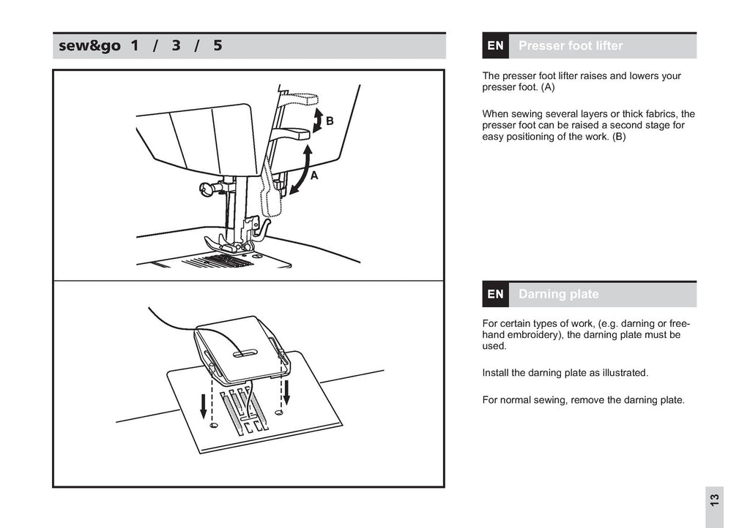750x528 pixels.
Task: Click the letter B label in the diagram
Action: pos(330,121)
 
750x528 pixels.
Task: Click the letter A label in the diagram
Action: pos(313,176)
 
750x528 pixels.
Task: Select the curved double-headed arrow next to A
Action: pos(302,170)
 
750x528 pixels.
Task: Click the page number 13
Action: pos(714,501)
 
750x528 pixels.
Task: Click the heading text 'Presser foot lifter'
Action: pos(571,45)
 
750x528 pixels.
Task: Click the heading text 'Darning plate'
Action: pos(558,294)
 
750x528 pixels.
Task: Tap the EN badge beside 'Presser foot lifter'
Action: pos(496,45)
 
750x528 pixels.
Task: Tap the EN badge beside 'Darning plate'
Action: pos(496,294)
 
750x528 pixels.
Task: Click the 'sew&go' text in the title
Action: pos(90,45)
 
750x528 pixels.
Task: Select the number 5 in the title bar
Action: pos(218,45)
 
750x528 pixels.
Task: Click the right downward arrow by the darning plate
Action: pos(287,391)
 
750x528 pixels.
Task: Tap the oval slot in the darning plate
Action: pos(245,354)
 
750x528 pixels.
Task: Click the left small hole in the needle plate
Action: pos(212,424)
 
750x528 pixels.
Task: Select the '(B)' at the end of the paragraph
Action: pos(619,137)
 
